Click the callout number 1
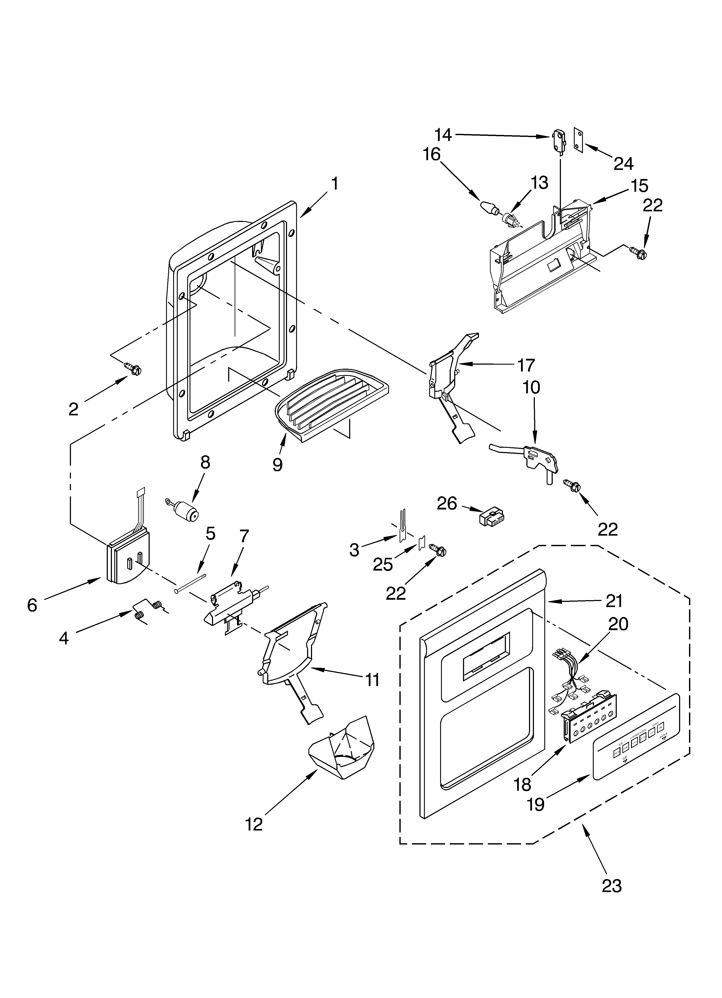pos(335,183)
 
